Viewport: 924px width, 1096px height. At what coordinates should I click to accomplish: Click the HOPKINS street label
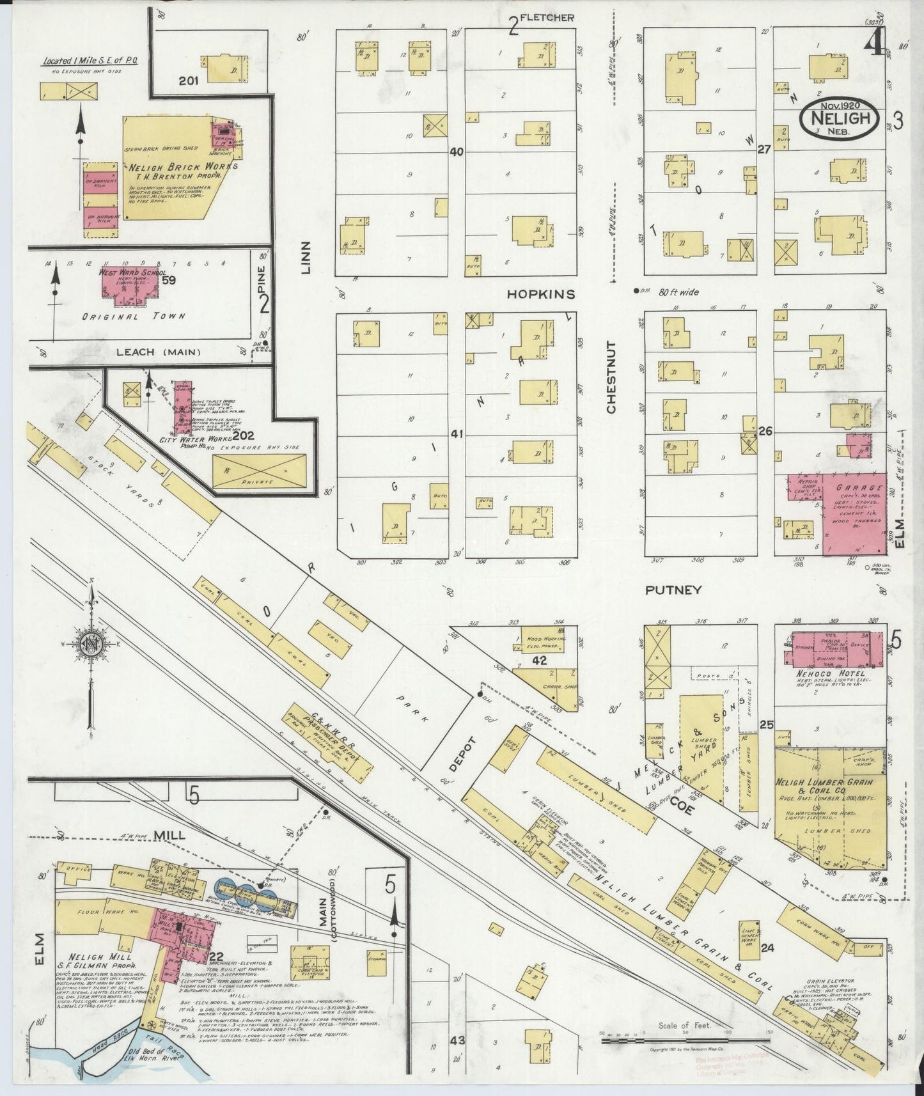(x=541, y=294)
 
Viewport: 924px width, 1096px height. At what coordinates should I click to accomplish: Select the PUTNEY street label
(x=674, y=590)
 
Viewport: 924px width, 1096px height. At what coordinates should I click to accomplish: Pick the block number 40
(x=457, y=152)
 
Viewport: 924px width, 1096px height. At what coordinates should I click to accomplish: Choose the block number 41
(x=457, y=434)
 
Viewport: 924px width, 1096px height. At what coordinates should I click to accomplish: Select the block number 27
(x=763, y=148)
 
